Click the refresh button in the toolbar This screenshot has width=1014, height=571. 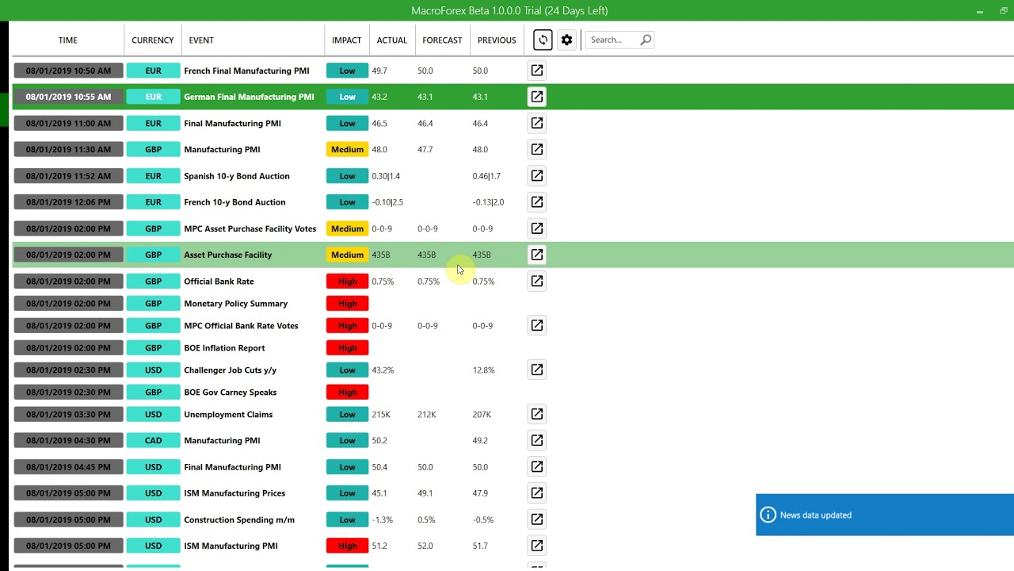click(x=543, y=40)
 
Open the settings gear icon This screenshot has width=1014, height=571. click(x=566, y=40)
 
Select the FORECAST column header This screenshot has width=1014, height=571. click(x=442, y=40)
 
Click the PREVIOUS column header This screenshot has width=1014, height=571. click(x=497, y=40)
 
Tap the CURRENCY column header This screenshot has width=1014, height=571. click(x=152, y=40)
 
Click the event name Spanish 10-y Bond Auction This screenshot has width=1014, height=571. click(x=237, y=176)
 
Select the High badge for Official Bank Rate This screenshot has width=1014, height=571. click(x=347, y=282)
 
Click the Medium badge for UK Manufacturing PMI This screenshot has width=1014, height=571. click(x=347, y=149)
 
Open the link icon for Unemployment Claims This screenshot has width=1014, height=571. click(x=537, y=414)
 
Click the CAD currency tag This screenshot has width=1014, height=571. click(x=153, y=440)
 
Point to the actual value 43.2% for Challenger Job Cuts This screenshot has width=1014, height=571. click(x=383, y=370)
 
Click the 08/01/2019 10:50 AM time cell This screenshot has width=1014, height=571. click(x=68, y=71)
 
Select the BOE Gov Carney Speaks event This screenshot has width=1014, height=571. click(x=230, y=393)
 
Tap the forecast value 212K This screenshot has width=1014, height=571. click(x=427, y=415)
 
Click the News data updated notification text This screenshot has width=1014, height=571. click(x=816, y=515)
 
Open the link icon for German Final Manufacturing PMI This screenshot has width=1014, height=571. click(x=537, y=97)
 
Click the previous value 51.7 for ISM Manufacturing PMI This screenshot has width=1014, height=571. click(x=480, y=546)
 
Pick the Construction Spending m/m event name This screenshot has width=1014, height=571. click(x=239, y=520)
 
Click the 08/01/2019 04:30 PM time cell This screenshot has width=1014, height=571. click(x=68, y=440)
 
